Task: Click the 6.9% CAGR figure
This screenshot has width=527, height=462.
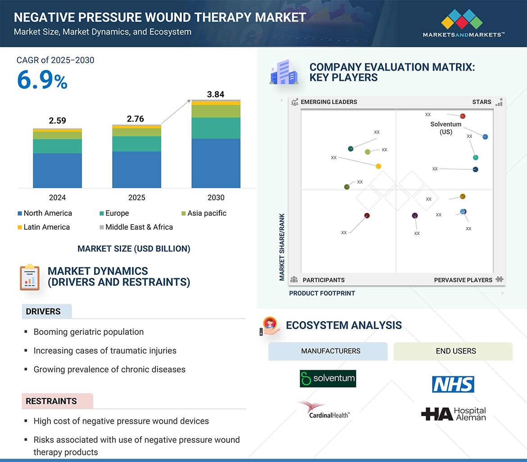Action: click(x=42, y=81)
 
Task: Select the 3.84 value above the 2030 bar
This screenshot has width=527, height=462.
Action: click(x=215, y=95)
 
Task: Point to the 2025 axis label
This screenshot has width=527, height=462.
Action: click(x=136, y=198)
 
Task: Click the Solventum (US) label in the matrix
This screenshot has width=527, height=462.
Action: click(x=445, y=128)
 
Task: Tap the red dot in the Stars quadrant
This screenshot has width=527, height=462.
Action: click(x=463, y=116)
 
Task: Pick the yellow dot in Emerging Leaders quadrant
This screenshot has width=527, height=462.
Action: click(x=378, y=166)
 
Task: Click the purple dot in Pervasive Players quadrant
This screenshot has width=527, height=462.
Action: click(x=415, y=216)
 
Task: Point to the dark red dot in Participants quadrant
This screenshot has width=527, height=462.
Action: click(x=367, y=216)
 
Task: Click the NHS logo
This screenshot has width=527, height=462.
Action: click(x=453, y=385)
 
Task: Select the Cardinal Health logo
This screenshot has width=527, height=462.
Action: click(x=324, y=410)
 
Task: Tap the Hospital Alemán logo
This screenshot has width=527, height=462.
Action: click(x=453, y=414)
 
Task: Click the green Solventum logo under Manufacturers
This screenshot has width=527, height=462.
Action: click(x=327, y=379)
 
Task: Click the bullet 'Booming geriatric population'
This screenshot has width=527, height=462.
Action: click(x=88, y=332)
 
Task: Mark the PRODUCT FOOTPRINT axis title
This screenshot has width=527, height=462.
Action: click(x=322, y=293)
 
